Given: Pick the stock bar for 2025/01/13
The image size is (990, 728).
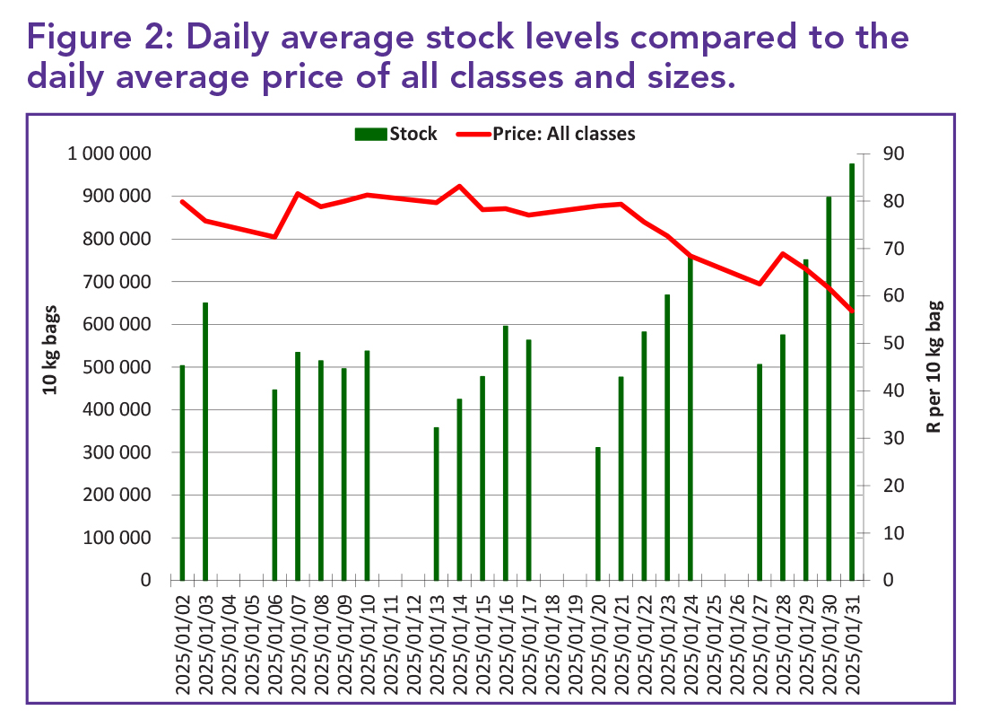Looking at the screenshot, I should point(437,504).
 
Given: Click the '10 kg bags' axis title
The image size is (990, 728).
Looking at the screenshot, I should point(51,367).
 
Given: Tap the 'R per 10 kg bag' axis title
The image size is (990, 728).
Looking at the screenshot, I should point(935,367).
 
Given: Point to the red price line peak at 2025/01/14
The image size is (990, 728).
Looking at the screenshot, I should point(459,187).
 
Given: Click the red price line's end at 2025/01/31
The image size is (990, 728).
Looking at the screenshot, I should point(852,311).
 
